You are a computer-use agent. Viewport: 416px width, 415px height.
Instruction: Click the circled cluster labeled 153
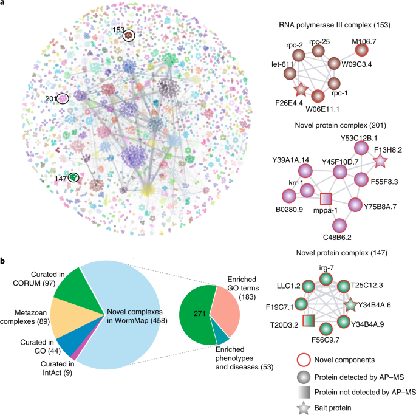(x=129, y=36)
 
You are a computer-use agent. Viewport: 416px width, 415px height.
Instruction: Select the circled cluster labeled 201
(x=63, y=98)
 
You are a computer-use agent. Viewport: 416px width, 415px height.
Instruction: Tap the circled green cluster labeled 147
(x=73, y=177)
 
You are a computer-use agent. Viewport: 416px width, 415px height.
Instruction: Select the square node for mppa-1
(x=326, y=198)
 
